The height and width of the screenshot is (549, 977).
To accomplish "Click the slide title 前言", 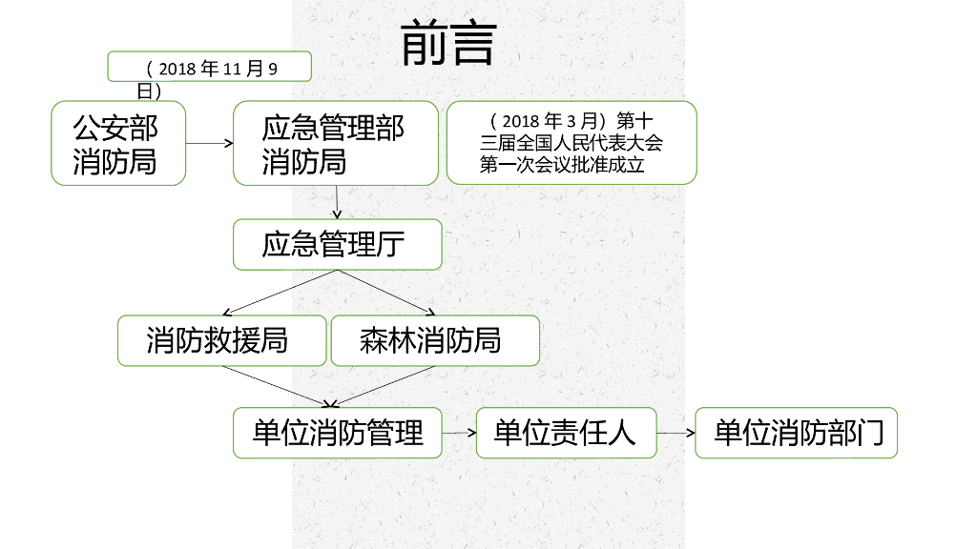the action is click(x=447, y=44).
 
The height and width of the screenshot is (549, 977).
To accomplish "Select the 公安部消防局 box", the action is click(x=117, y=143).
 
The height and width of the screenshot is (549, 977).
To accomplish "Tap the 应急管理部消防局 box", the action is click(x=335, y=143).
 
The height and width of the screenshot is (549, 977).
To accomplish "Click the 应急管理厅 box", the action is click(x=337, y=245).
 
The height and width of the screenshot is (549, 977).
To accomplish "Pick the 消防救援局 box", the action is click(x=221, y=340).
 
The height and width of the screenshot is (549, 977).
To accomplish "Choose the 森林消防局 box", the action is click(x=434, y=340).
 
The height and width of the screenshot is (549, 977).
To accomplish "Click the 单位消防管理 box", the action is click(x=338, y=433).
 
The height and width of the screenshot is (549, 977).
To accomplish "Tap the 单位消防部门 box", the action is click(x=797, y=433).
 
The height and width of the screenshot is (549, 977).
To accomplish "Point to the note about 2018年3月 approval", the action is click(x=571, y=143).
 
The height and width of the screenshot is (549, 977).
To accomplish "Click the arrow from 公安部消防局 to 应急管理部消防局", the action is click(x=209, y=144).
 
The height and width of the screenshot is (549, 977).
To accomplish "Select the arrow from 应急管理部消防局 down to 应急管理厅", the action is click(x=337, y=202).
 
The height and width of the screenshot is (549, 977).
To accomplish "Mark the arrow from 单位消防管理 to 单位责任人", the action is click(x=460, y=433).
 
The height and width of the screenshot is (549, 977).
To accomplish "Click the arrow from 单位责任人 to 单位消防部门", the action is click(x=676, y=433).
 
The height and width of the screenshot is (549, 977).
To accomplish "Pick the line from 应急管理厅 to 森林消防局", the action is click(x=386, y=292).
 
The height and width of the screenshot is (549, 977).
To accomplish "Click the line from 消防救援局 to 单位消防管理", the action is click(x=277, y=386).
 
